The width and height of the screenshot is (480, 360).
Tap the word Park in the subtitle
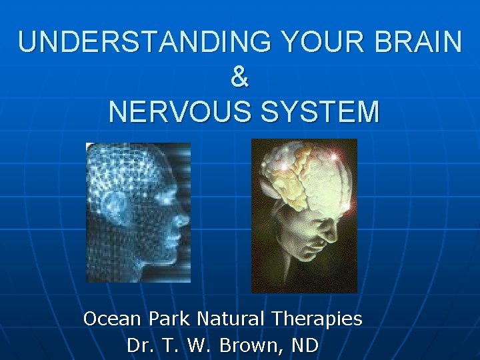tap(167, 319)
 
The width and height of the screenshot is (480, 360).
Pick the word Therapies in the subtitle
tap(318, 319)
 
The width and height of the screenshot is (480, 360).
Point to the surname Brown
tap(250, 346)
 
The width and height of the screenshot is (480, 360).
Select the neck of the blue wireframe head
tap(133, 263)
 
